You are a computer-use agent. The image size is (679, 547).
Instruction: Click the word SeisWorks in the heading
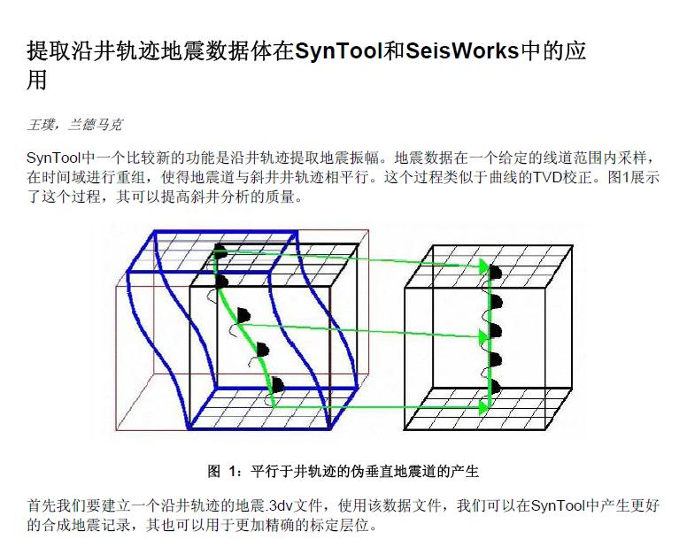point(461,50)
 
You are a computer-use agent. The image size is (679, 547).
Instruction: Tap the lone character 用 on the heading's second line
point(37,81)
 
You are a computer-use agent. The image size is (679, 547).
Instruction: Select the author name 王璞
point(41,125)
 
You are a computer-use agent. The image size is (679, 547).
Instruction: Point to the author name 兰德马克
point(96,125)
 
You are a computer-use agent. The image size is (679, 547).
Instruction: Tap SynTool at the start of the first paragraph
point(54,158)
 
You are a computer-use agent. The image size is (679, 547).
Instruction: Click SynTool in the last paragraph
point(558,506)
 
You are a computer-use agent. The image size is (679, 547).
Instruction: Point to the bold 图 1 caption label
point(221,471)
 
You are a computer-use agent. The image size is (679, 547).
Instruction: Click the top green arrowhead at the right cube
point(483,266)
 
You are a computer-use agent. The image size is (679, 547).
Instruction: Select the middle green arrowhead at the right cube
point(483,336)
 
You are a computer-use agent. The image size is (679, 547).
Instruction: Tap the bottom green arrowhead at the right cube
point(483,406)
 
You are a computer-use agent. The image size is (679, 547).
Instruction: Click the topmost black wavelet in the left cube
point(220,251)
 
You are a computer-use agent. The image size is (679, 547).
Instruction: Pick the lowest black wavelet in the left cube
point(277,385)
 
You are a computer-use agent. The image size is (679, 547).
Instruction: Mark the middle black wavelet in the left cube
point(244,315)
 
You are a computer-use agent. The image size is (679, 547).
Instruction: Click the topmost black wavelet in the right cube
point(496,273)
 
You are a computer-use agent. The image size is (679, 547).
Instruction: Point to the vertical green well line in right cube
point(490,337)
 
